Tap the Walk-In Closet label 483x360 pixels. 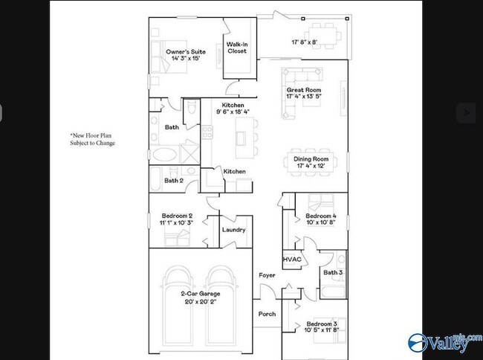[237, 48]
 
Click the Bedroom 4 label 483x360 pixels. [320, 216]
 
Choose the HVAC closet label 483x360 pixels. [291, 260]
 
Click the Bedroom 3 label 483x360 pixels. [320, 325]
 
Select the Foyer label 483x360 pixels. [266, 275]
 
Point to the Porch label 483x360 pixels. [266, 314]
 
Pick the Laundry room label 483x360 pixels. [233, 230]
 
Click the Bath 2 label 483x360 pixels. [173, 180]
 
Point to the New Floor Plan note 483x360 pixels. [93, 139]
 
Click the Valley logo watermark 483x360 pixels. [439, 342]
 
